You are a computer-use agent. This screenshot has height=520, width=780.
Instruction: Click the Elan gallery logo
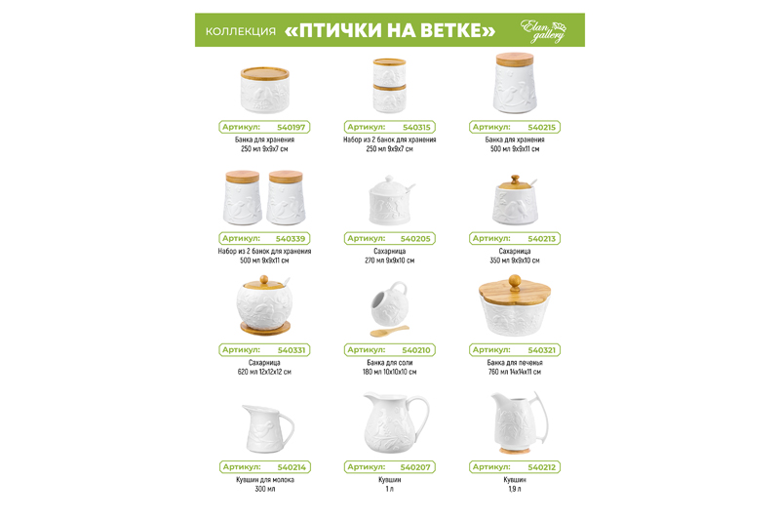click(543, 30)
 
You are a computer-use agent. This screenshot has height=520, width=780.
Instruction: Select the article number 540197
click(292, 127)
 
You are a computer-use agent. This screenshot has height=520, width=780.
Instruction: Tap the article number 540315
click(416, 127)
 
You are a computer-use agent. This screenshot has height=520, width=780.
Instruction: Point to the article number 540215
click(541, 127)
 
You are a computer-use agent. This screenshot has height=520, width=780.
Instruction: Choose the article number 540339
click(291, 238)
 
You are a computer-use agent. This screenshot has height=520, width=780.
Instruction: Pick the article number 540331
click(292, 349)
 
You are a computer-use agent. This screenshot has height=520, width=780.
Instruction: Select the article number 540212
click(541, 466)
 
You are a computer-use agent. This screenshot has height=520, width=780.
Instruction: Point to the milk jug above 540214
click(265, 425)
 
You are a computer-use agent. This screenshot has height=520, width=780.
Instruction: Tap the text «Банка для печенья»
click(514, 362)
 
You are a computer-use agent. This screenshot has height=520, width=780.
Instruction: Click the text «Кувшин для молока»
click(264, 479)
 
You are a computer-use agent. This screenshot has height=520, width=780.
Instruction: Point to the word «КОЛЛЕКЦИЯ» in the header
click(240, 31)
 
